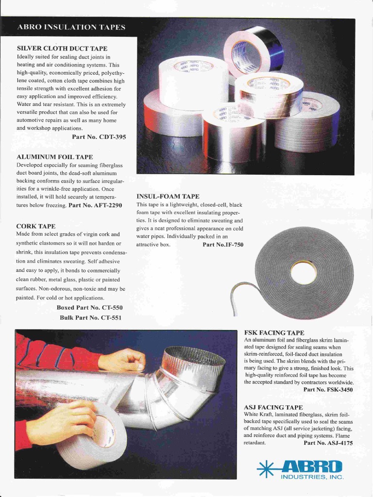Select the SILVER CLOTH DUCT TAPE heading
pyautogui.click(x=62, y=49)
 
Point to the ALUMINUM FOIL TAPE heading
pyautogui.click(x=54, y=157)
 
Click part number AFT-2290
pyautogui.click(x=95, y=205)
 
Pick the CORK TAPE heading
pyautogui.click(x=35, y=226)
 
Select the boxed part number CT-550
pyautogui.click(x=90, y=308)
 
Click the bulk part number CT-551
pyautogui.click(x=91, y=317)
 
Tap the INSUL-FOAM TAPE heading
pyautogui.click(x=168, y=196)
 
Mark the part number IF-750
pyautogui.click(x=223, y=245)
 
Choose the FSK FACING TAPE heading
pyautogui.click(x=274, y=332)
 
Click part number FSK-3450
pyautogui.click(x=328, y=389)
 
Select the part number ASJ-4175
pyautogui.click(x=328, y=443)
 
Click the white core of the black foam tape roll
pyautogui.click(x=304, y=272)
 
